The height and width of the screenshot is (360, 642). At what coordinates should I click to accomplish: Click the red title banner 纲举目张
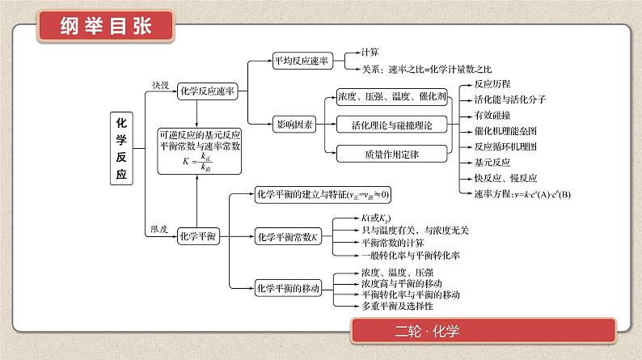coord(106,27)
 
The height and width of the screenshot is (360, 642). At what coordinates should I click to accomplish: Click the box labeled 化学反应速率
coord(206,92)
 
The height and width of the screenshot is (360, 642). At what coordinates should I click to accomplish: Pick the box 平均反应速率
coord(301,61)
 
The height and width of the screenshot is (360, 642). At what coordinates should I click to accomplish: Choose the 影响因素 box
coord(294,125)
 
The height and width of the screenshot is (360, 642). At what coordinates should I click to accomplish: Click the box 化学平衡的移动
coord(288,287)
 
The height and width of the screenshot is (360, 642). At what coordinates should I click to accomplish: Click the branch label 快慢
coord(161,84)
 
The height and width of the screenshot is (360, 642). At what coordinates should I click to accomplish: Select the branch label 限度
coord(159,230)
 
